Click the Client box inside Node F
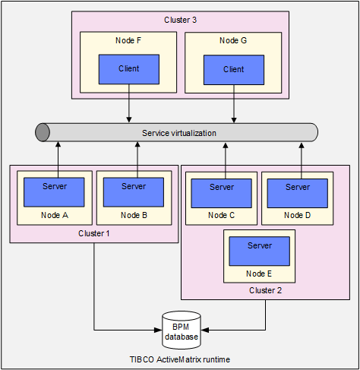tap(129, 69)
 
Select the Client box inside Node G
tap(234, 70)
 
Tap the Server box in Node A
tap(54, 192)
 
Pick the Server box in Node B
tap(134, 192)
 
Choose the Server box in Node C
tap(221, 193)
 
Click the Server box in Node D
tap(298, 193)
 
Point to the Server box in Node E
tap(259, 251)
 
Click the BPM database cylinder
tap(182, 330)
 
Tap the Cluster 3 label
tap(180, 20)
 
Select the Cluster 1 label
tap(94, 233)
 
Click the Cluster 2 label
tap(265, 290)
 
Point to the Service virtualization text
tap(179, 133)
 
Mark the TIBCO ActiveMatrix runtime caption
tap(180, 359)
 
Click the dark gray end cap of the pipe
tap(43, 132)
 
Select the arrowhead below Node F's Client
tap(129, 120)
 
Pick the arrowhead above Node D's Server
tap(302, 146)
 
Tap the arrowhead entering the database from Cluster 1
tap(159, 330)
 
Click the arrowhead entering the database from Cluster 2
tap(205, 330)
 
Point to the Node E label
tap(259, 274)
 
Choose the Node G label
tap(233, 40)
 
